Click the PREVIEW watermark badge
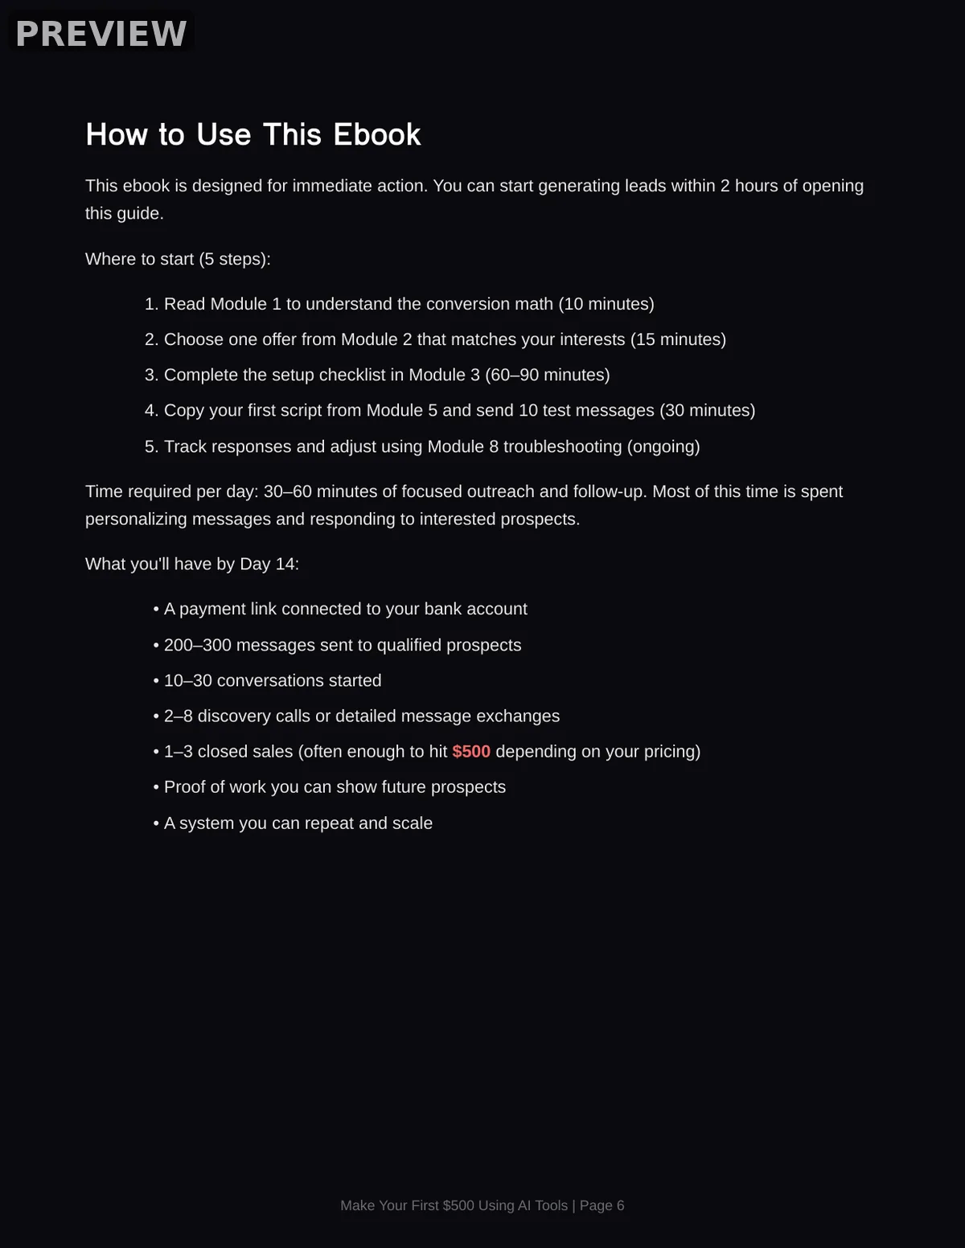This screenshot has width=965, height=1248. (101, 34)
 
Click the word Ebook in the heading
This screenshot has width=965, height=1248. (376, 134)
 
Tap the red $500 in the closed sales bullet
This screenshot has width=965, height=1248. (471, 751)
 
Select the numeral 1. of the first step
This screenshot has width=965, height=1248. (152, 304)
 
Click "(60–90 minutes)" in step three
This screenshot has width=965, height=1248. (547, 375)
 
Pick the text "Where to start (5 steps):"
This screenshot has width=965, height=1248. (178, 259)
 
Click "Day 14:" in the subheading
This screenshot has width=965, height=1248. (269, 564)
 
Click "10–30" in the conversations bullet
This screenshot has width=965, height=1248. (188, 680)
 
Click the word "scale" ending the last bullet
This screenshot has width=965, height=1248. (412, 823)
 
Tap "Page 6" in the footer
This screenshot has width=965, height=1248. (602, 1205)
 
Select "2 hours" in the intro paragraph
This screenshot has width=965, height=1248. (749, 186)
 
